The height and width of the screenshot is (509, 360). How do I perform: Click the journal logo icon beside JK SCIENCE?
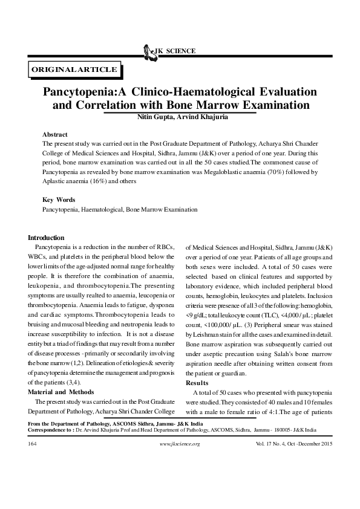point(146,51)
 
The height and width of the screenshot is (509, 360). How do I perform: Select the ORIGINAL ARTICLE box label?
point(74,70)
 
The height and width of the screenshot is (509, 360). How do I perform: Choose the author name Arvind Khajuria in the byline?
point(203,116)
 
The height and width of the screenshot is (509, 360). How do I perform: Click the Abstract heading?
point(54,134)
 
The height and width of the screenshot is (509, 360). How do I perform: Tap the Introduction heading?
point(47,238)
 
